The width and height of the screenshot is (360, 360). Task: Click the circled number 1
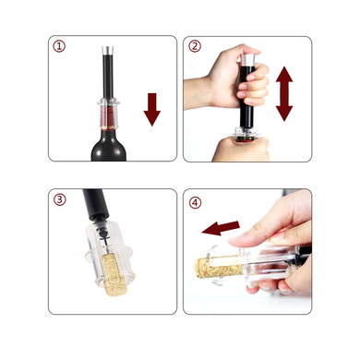coord(59,46)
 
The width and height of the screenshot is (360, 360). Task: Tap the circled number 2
coord(195,46)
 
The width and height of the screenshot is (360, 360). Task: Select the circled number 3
coord(60,199)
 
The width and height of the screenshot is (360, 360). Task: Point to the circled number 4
coord(195,203)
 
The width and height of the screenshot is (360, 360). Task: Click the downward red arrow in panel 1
coord(152,109)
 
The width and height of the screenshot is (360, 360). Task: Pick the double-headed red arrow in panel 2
coord(284,94)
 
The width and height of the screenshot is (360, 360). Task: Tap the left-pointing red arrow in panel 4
coord(221,228)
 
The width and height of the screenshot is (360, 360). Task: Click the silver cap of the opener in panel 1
coord(107,51)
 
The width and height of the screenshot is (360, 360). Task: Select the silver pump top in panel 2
coord(247,59)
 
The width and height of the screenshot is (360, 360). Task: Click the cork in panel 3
coord(114,274)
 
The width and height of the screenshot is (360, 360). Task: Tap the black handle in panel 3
coord(95,203)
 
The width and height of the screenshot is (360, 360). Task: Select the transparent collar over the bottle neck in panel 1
coord(108,114)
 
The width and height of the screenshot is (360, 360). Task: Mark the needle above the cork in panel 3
coord(105,244)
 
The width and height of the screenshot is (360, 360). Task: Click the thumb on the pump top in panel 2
coord(246,50)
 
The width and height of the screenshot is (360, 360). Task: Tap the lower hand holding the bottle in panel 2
coord(240,150)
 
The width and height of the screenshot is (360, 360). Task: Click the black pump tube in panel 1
coord(108,77)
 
